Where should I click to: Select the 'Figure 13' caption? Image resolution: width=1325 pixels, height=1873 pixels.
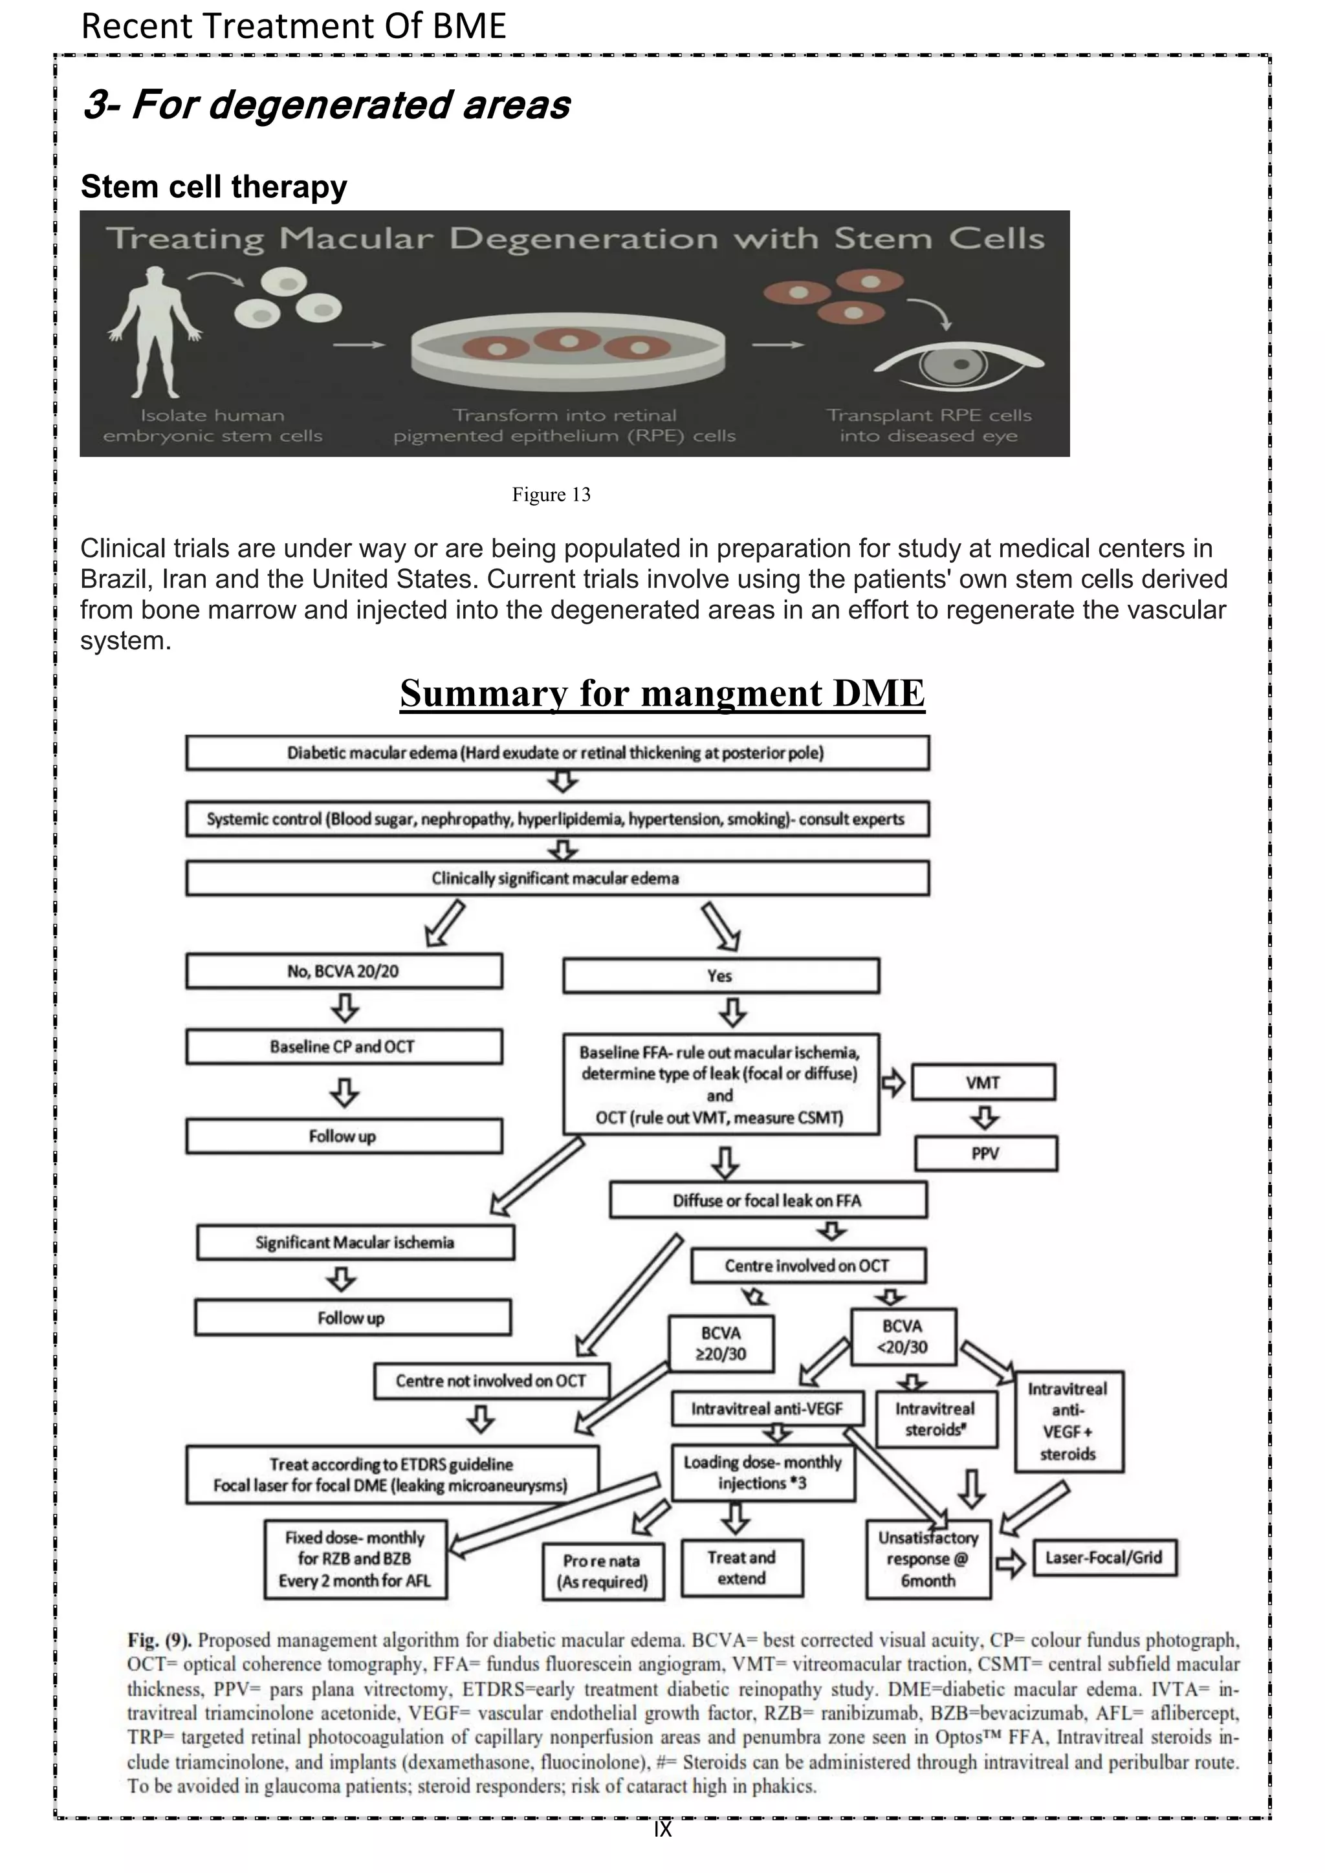[x=551, y=494]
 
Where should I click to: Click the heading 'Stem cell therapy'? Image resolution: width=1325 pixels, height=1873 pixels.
[x=214, y=186]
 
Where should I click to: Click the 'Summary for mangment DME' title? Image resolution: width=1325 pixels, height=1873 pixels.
[x=662, y=693]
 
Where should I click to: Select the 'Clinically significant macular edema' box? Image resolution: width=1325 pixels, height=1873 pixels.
[x=556, y=878]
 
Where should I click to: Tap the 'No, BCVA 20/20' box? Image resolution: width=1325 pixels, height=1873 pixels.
[x=344, y=971]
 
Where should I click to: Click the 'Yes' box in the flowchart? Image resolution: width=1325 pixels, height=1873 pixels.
[x=721, y=976]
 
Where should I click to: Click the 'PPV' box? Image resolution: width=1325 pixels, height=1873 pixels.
[x=985, y=1154]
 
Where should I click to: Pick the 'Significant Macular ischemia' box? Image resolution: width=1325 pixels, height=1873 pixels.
[x=355, y=1242]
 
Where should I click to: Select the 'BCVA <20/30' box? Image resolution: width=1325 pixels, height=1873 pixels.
[x=903, y=1336]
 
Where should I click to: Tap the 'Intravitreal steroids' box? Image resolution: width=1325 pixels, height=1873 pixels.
[x=935, y=1420]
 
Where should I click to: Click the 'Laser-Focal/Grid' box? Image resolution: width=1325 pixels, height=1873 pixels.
[x=1104, y=1557]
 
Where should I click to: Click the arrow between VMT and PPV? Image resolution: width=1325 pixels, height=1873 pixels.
[x=985, y=1117]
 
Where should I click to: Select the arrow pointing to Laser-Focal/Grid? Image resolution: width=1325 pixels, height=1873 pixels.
[x=1011, y=1563]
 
